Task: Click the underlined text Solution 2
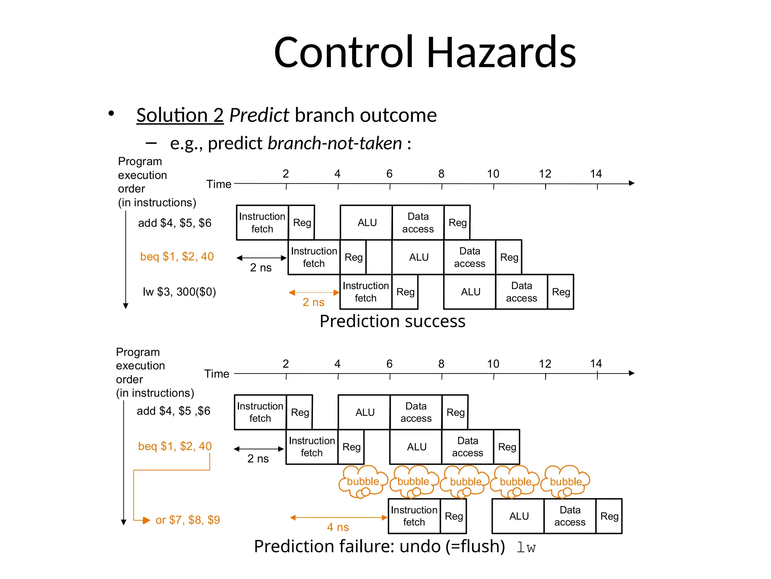pyautogui.click(x=180, y=115)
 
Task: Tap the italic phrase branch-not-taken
pyautogui.click(x=335, y=143)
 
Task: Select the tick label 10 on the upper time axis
pyautogui.click(x=493, y=174)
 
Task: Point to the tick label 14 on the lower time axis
pyautogui.click(x=596, y=364)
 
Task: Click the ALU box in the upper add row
pyautogui.click(x=367, y=223)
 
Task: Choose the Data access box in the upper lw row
pyautogui.click(x=521, y=292)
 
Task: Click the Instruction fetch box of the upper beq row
pyautogui.click(x=314, y=257)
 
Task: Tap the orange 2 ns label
pyautogui.click(x=313, y=302)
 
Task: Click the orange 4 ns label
pyautogui.click(x=338, y=527)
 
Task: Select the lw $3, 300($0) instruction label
pyautogui.click(x=179, y=292)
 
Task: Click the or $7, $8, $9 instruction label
pyautogui.click(x=187, y=520)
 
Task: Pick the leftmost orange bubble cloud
pyautogui.click(x=363, y=481)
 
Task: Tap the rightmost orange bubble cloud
pyautogui.click(x=565, y=481)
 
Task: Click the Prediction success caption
pyautogui.click(x=392, y=321)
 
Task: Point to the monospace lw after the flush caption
pyautogui.click(x=526, y=547)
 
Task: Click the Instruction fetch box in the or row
pyautogui.click(x=414, y=516)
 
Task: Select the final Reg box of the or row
pyautogui.click(x=609, y=516)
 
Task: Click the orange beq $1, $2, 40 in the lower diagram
pyautogui.click(x=175, y=446)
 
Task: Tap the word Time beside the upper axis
pyautogui.click(x=219, y=184)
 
